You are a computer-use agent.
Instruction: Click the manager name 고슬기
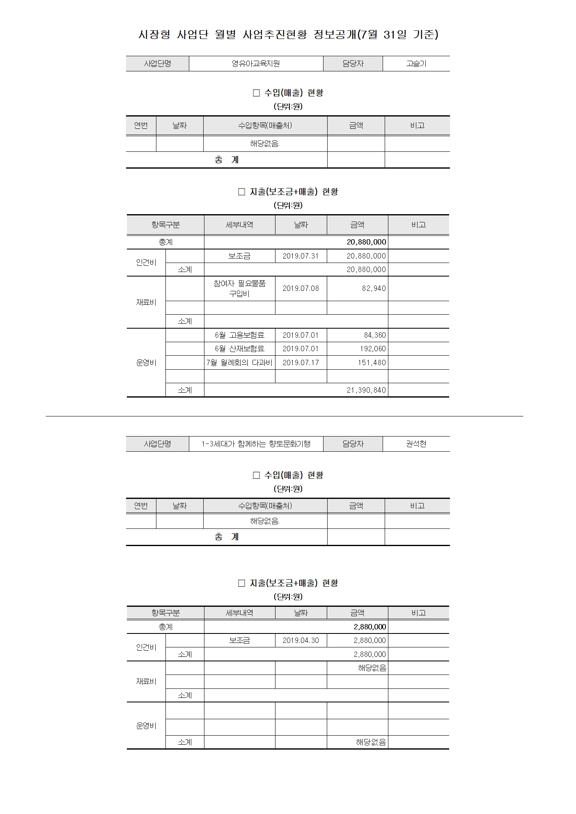point(416,64)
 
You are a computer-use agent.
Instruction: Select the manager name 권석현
point(416,444)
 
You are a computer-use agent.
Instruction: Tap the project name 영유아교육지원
point(256,64)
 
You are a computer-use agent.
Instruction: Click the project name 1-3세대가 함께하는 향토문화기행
point(256,444)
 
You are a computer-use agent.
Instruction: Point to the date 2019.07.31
point(301,256)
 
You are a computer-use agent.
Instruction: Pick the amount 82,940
point(374,288)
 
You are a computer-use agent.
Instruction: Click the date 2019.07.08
point(301,288)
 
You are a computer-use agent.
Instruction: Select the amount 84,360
point(374,335)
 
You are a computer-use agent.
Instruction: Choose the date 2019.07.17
point(301,363)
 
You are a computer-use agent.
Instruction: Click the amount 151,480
point(372,363)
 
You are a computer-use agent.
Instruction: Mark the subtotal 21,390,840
point(366,390)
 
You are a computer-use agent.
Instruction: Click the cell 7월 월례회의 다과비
point(239,363)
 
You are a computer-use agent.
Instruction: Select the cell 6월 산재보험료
point(239,349)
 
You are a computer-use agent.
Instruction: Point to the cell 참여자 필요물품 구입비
point(239,288)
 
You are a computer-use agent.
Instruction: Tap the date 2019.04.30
point(301,640)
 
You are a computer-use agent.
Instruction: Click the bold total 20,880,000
point(366,242)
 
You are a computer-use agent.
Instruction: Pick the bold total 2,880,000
point(369,627)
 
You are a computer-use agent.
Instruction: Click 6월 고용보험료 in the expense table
point(239,335)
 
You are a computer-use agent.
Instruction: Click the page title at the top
point(288,35)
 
